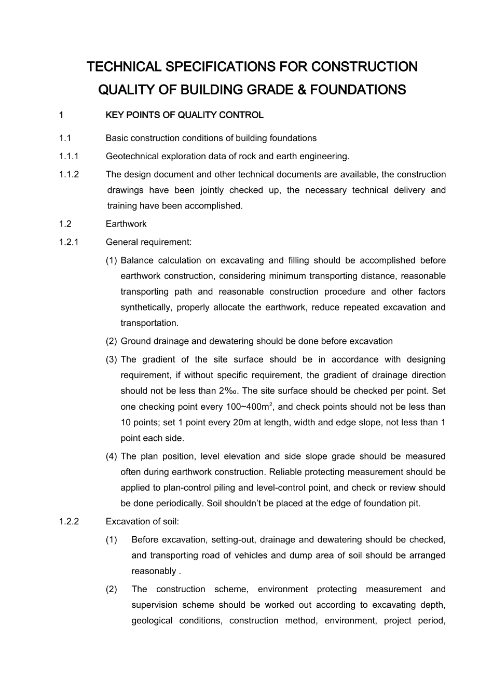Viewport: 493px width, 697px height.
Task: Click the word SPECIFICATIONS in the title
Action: tap(212, 67)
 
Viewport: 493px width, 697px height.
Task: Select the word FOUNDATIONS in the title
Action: tap(358, 90)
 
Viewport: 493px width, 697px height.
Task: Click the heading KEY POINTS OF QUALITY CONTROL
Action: tap(184, 115)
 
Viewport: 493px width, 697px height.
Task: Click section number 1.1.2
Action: tap(69, 174)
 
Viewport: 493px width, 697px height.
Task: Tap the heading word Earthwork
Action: tap(126, 224)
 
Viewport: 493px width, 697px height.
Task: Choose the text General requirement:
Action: tap(148, 242)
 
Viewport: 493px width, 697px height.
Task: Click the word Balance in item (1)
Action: tap(136, 260)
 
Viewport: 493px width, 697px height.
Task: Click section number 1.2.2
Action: tap(69, 522)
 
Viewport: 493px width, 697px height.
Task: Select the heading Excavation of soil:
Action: tap(142, 522)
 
